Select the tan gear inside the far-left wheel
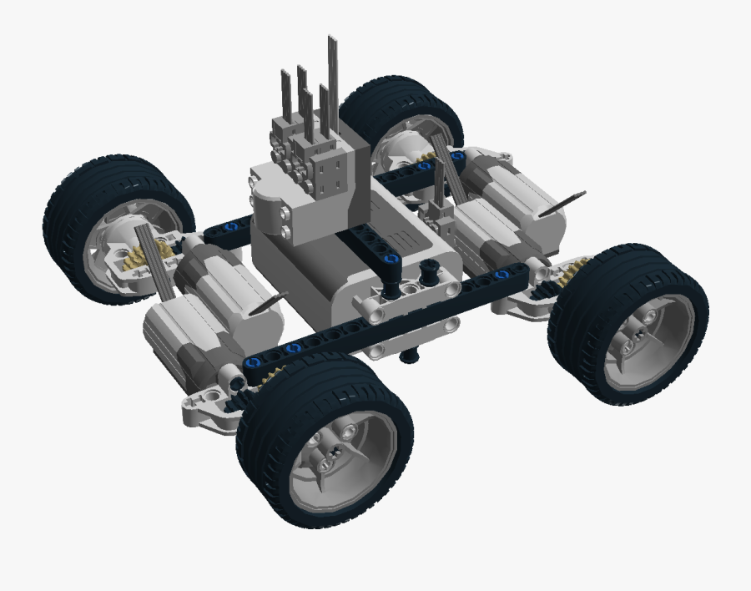(x=137, y=260)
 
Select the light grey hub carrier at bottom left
(x=209, y=408)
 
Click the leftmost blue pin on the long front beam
(x=251, y=363)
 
